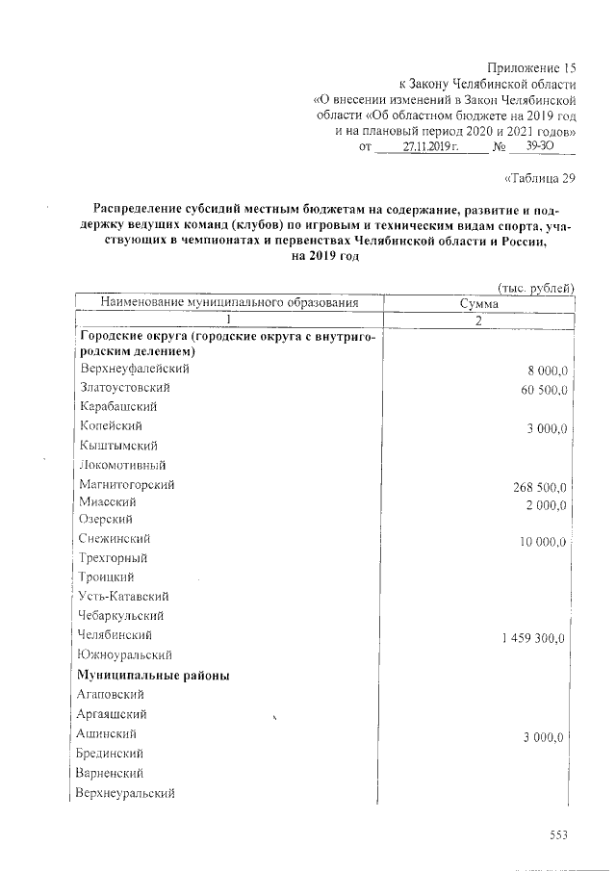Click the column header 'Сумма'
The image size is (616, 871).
(479, 303)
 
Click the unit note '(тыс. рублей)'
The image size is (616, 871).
(536, 287)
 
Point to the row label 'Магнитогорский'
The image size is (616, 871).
(127, 484)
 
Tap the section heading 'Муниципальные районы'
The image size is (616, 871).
(153, 675)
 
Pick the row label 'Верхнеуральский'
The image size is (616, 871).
(126, 793)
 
